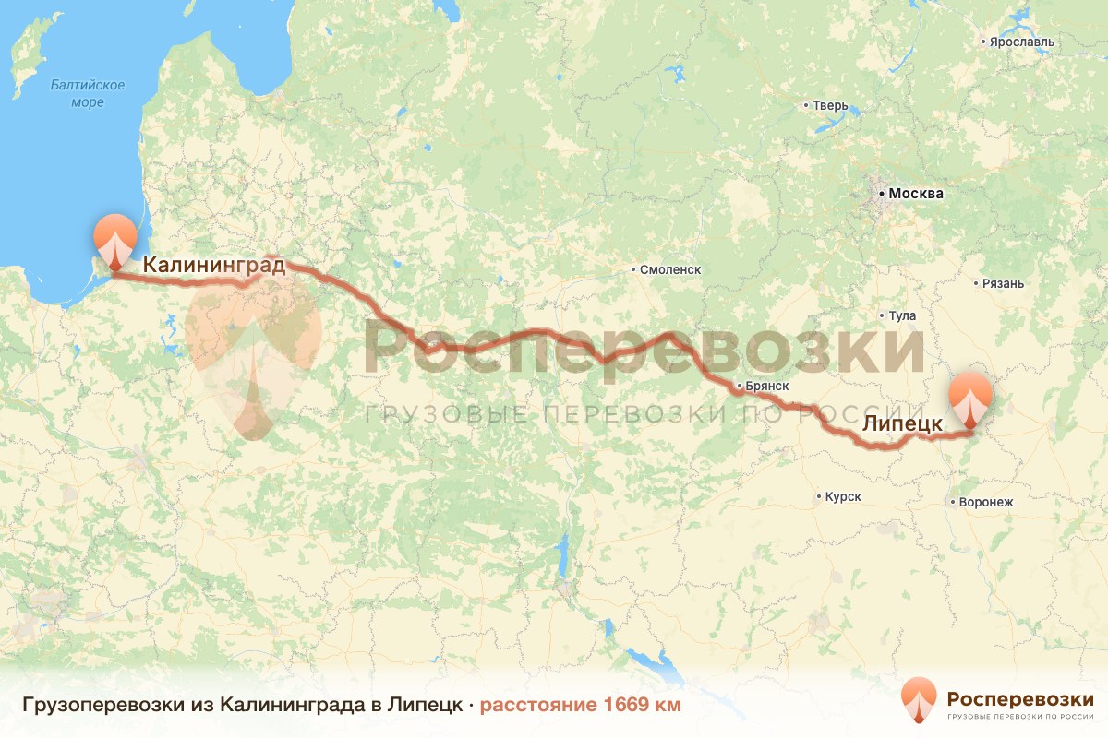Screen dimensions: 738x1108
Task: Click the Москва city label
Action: point(915,194)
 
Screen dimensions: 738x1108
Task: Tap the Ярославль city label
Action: point(1021,42)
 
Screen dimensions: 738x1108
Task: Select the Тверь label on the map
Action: point(829,105)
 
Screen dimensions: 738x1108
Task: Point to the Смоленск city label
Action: point(669,269)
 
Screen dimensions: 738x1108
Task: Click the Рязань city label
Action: point(1004,283)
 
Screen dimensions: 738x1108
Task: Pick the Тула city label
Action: point(902,315)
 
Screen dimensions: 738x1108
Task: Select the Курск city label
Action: point(843,496)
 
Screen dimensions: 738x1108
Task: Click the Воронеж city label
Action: point(986,502)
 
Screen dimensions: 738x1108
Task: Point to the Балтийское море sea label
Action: point(88,94)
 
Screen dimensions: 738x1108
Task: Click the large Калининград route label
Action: point(213,267)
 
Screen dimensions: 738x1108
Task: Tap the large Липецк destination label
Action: point(902,424)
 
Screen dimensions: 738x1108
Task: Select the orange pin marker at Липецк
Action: point(971,398)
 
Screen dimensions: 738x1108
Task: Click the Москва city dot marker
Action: point(881,195)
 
